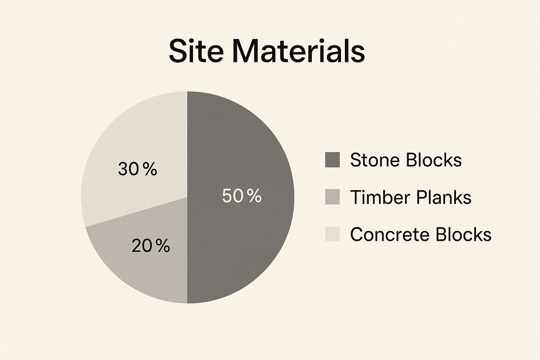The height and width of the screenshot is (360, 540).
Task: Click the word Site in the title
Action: click(x=196, y=52)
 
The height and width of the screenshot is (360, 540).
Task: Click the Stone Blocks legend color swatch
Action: click(x=332, y=160)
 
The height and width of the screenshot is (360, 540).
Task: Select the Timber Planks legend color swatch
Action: click(x=332, y=197)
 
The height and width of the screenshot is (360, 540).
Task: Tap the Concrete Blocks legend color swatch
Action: click(x=332, y=234)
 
